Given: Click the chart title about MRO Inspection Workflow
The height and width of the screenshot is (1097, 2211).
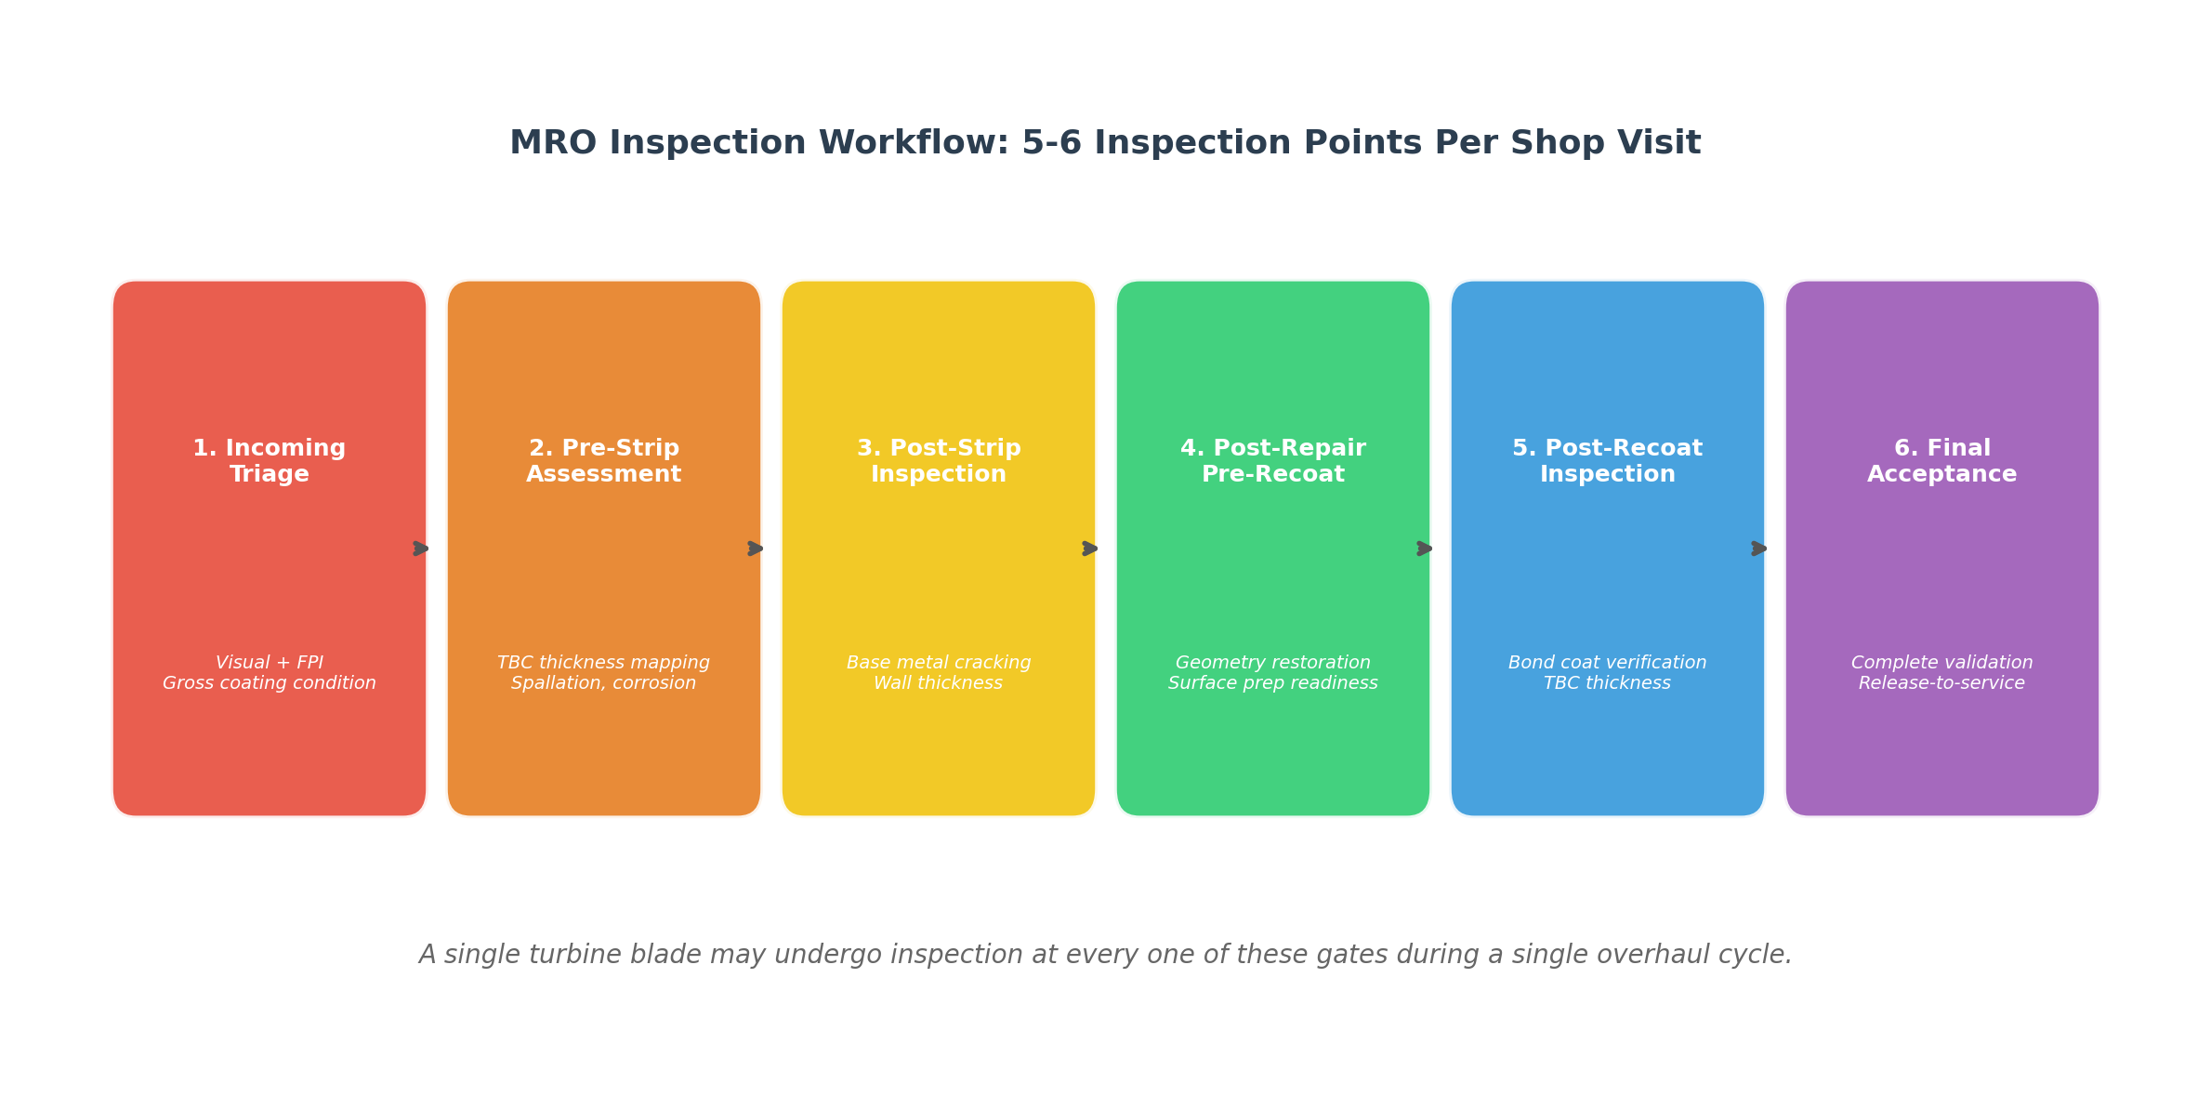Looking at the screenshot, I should [x=1105, y=143].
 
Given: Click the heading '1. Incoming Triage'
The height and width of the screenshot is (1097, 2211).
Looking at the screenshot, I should [x=270, y=461].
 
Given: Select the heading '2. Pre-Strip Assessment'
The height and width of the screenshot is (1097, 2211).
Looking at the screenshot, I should [x=604, y=461].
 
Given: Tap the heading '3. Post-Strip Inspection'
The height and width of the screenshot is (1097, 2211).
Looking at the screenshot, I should [x=939, y=461].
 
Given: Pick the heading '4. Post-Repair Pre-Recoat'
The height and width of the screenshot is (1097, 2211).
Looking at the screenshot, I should [x=1273, y=461].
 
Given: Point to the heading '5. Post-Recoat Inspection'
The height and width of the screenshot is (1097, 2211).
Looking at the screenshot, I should [x=1608, y=461].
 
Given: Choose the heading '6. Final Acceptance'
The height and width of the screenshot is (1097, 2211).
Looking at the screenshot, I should [x=1942, y=461].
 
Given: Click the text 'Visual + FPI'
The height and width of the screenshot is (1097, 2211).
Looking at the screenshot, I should [x=270, y=663].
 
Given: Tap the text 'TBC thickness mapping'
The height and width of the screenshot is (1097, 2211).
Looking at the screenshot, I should [x=604, y=663].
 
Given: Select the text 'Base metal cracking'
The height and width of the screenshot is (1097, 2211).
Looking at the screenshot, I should [x=939, y=663].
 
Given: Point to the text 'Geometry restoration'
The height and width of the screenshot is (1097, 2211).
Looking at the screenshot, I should [x=1273, y=663].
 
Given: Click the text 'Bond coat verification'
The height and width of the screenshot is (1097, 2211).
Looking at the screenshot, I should [x=1608, y=663].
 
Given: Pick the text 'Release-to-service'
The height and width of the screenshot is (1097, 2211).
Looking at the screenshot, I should [x=1942, y=683].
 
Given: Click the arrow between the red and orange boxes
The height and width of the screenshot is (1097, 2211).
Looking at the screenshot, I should [x=421, y=548].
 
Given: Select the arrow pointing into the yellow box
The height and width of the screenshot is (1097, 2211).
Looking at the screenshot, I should [x=756, y=548].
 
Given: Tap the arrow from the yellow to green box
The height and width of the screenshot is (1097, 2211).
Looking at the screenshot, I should [x=1090, y=548].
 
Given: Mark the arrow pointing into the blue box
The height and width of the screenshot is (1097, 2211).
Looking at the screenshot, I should [x=1425, y=548].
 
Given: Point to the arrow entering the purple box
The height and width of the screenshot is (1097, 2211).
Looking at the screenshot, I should [x=1759, y=548].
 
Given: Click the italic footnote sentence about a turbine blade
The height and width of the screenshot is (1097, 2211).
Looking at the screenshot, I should [x=1105, y=955].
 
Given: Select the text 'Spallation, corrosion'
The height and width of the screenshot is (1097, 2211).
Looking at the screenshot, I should [x=604, y=683].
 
